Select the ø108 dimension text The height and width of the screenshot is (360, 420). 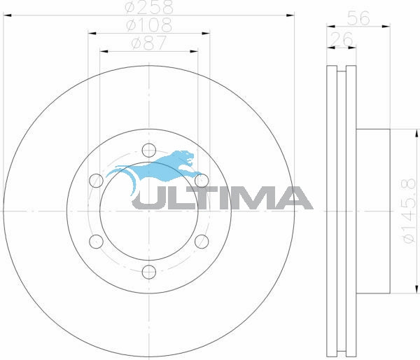coord(148,25)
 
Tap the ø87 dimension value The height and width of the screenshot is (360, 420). coord(148,43)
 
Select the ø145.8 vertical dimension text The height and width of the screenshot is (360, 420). coord(407,210)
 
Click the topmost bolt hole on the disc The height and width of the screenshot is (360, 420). coord(148,150)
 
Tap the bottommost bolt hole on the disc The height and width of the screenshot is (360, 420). coord(148,272)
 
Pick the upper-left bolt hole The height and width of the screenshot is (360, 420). coord(96,181)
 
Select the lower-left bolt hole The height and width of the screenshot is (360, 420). coord(96,242)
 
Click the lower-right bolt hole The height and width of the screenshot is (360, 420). coord(202,242)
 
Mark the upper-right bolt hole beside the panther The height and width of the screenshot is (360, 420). coord(202,181)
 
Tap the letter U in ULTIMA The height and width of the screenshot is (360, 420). coord(148,198)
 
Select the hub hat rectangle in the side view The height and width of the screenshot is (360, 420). coord(372,210)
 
